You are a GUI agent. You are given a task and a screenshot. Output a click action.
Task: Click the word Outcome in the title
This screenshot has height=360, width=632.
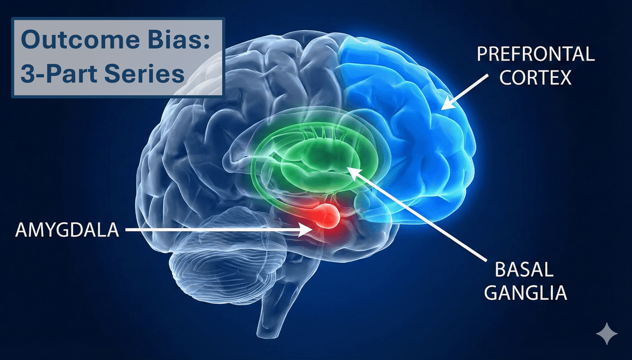(80, 39)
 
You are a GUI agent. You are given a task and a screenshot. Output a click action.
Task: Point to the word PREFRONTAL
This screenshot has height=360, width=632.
(536, 54)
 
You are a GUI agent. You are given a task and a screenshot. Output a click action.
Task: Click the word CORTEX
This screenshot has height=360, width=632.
(536, 77)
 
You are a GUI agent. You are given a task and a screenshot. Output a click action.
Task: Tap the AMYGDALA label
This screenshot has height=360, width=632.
(67, 230)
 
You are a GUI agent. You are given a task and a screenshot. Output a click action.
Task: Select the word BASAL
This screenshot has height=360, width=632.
(524, 269)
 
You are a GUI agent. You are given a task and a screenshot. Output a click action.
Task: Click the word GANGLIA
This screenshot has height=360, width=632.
(526, 293)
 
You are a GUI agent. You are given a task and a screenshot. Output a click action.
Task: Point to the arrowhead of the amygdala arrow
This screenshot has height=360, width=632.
(308, 230)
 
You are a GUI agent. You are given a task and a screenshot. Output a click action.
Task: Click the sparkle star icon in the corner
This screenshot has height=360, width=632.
(607, 334)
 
